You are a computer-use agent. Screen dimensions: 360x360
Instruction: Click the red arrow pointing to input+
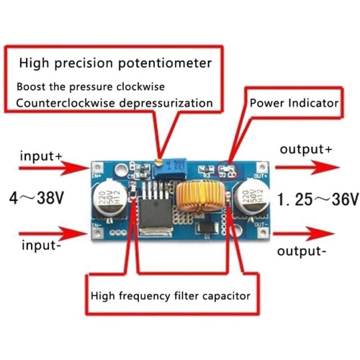pos(54,168)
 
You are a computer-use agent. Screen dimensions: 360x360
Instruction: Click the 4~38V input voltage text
pos(37,198)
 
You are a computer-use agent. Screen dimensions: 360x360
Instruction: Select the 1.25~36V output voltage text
pos(318,199)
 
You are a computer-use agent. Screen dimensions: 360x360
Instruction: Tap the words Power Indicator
pos(294,103)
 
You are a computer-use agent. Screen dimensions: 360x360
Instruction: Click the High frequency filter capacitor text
pos(171,296)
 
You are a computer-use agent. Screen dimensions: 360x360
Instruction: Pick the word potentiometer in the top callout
pos(165,63)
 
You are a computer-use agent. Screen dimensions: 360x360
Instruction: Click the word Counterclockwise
pos(66,103)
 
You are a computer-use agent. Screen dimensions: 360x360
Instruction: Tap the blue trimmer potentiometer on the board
pos(170,168)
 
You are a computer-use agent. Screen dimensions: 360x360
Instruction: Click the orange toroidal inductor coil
pos(200,196)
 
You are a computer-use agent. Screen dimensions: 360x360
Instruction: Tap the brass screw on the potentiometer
pos(158,163)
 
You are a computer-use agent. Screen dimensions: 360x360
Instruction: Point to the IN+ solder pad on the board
pos(97,166)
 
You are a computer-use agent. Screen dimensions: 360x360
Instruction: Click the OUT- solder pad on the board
pos(263,232)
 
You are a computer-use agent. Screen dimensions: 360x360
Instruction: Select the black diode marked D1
pos(207,228)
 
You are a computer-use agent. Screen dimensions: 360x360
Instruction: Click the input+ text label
pos(41,156)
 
